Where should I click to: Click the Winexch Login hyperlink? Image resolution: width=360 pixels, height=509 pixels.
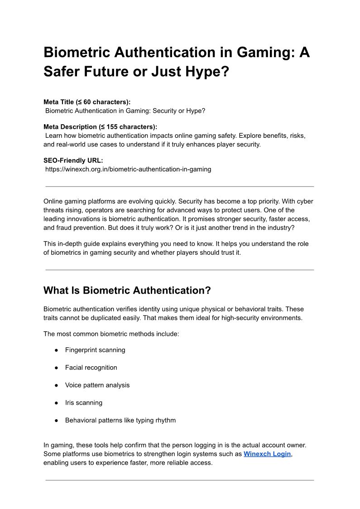tap(267, 454)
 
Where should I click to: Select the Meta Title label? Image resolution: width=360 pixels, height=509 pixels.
tap(87, 102)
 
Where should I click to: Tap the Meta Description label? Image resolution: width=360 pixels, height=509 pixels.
tap(100, 127)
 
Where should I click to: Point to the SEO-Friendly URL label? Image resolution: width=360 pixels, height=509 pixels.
tap(73, 160)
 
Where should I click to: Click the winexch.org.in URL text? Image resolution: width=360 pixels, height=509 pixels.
tap(128, 169)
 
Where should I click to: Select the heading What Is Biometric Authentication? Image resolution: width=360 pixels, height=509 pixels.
tap(127, 290)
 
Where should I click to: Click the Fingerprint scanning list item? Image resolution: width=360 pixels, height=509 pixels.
tap(95, 350)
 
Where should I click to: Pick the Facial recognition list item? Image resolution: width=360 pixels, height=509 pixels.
tap(91, 368)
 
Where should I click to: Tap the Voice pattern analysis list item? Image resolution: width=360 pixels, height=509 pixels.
tap(97, 385)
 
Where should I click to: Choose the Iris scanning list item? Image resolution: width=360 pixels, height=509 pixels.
tap(84, 402)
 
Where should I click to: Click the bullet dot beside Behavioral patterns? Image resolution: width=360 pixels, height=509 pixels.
tap(57, 421)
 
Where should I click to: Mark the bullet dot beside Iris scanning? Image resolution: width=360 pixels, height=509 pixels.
tap(57, 403)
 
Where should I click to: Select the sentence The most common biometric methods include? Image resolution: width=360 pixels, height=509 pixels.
tap(111, 334)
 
